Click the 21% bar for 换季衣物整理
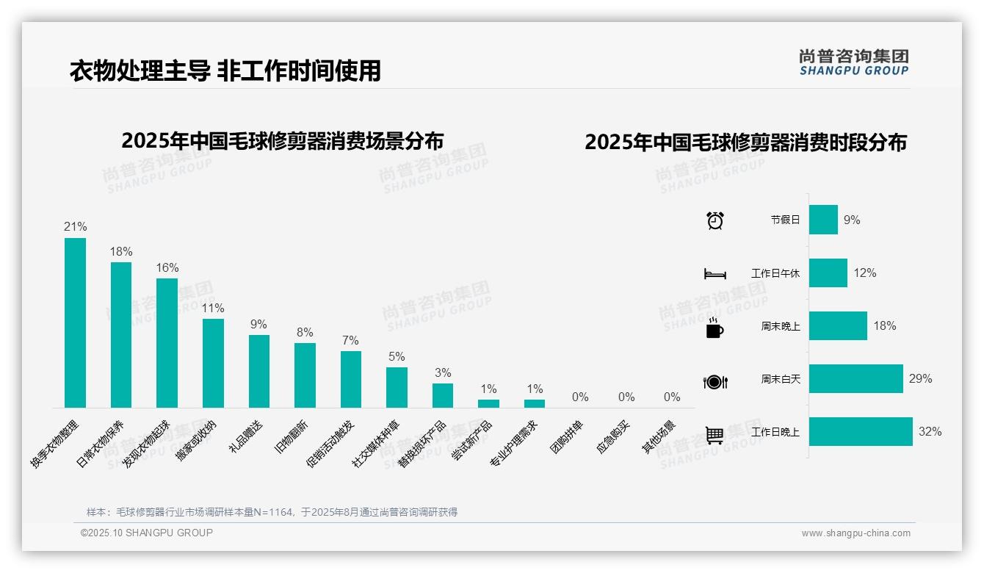click(x=75, y=322)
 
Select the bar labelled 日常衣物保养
click(x=121, y=335)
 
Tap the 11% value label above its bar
click(x=213, y=309)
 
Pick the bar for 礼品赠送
click(x=259, y=371)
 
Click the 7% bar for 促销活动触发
click(x=351, y=379)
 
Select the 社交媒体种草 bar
click(x=397, y=387)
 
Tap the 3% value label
click(x=443, y=373)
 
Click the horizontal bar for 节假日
click(x=823, y=220)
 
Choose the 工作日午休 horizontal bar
click(x=828, y=273)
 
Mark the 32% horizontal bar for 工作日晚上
click(x=861, y=432)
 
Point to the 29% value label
click(x=920, y=379)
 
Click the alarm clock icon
click(x=715, y=220)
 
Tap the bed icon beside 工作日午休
click(x=715, y=274)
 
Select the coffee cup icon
click(x=715, y=328)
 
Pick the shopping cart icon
click(x=715, y=435)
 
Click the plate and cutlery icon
click(x=715, y=382)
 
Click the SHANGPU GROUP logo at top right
click(x=854, y=62)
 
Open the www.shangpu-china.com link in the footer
click(x=855, y=533)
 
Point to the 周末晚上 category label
click(x=781, y=326)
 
